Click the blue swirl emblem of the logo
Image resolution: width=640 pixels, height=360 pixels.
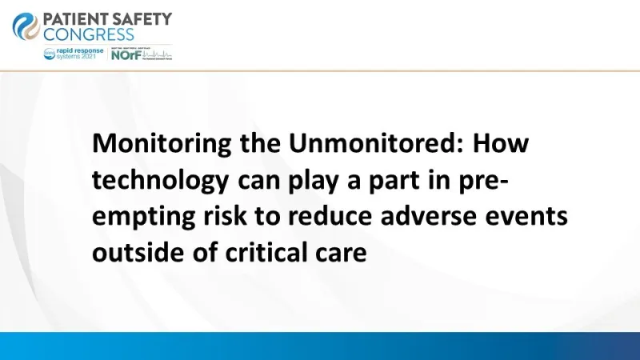(26, 26)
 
